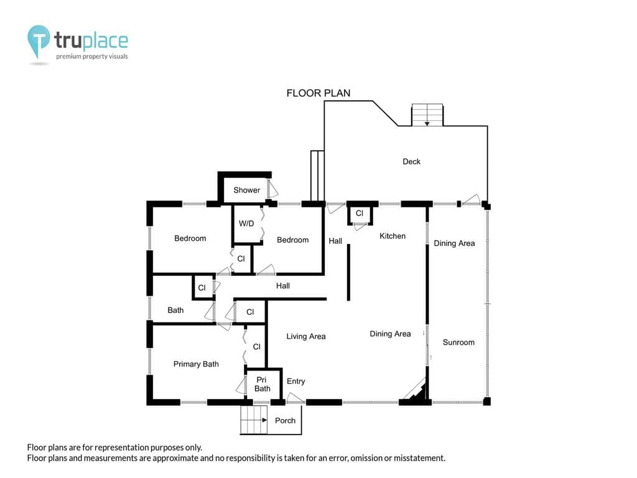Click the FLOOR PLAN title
[x=318, y=93]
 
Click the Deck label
[x=411, y=161]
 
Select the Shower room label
[x=246, y=190]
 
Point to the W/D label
[x=246, y=223]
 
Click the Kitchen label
[x=393, y=236]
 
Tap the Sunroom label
[x=458, y=342]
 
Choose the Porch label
[x=285, y=420]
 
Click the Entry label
[x=295, y=382]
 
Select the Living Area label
[x=306, y=336]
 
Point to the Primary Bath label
[x=196, y=364]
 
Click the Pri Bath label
[x=262, y=384]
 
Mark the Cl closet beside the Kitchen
[x=360, y=213]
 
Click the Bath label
[x=175, y=310]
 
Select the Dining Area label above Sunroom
[x=454, y=243]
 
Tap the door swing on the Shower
[x=273, y=189]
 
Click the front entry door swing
[x=295, y=398]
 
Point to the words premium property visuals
[x=92, y=57]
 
